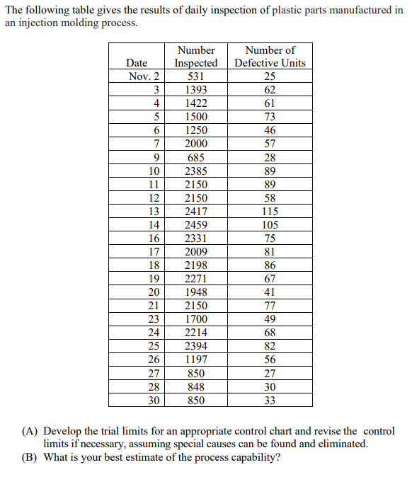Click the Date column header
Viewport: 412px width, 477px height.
click(136, 63)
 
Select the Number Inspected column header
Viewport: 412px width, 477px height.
click(196, 57)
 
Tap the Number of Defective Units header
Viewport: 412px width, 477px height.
click(270, 57)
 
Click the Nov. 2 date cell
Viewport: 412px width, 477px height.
click(144, 76)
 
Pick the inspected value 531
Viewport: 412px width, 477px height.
click(196, 76)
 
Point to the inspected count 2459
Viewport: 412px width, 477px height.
click(196, 225)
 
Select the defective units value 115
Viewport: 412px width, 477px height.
click(270, 212)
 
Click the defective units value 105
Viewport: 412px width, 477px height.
click(270, 225)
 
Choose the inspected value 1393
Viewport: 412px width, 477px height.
click(196, 90)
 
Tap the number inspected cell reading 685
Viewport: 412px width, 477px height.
click(196, 158)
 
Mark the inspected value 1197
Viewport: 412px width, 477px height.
click(196, 360)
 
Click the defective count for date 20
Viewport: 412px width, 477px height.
click(270, 292)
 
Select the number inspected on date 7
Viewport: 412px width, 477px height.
click(196, 144)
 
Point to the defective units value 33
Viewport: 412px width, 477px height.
click(270, 401)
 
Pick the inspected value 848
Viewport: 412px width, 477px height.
click(196, 387)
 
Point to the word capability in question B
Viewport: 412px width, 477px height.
click(253, 457)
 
